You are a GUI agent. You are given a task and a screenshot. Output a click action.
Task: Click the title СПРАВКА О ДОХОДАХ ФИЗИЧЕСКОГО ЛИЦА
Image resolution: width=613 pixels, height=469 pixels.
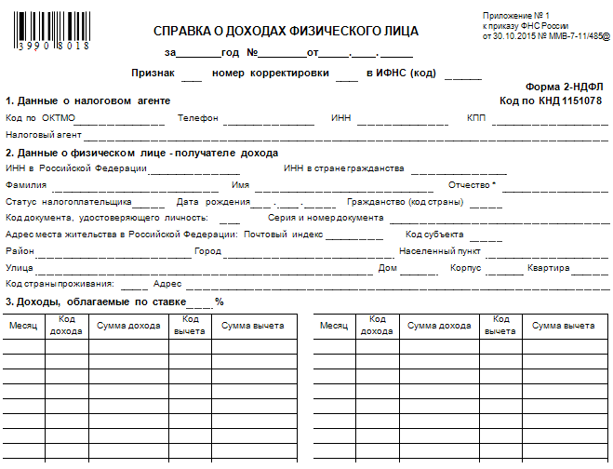coord(286,31)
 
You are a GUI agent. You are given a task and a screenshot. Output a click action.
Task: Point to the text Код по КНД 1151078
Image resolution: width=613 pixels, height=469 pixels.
coord(550,100)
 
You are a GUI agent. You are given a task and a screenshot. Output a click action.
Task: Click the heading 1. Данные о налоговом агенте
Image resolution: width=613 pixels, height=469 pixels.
coord(89,100)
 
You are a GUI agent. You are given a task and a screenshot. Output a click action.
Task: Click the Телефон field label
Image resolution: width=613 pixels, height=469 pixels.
coord(198,119)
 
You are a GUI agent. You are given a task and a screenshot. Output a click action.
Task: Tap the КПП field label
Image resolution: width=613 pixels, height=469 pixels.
coord(476,119)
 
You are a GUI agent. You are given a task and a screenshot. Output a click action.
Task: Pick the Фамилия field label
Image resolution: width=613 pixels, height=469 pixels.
coord(25,185)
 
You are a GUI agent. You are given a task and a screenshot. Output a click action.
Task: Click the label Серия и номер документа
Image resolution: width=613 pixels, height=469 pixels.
coord(319,218)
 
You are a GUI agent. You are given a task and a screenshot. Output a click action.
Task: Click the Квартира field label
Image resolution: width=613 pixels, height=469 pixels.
coord(547,268)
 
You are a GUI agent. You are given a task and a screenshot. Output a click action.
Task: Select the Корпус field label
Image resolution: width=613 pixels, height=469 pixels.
coord(465,268)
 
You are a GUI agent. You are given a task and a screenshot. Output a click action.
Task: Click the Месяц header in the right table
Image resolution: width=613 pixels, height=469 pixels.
coord(333,326)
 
